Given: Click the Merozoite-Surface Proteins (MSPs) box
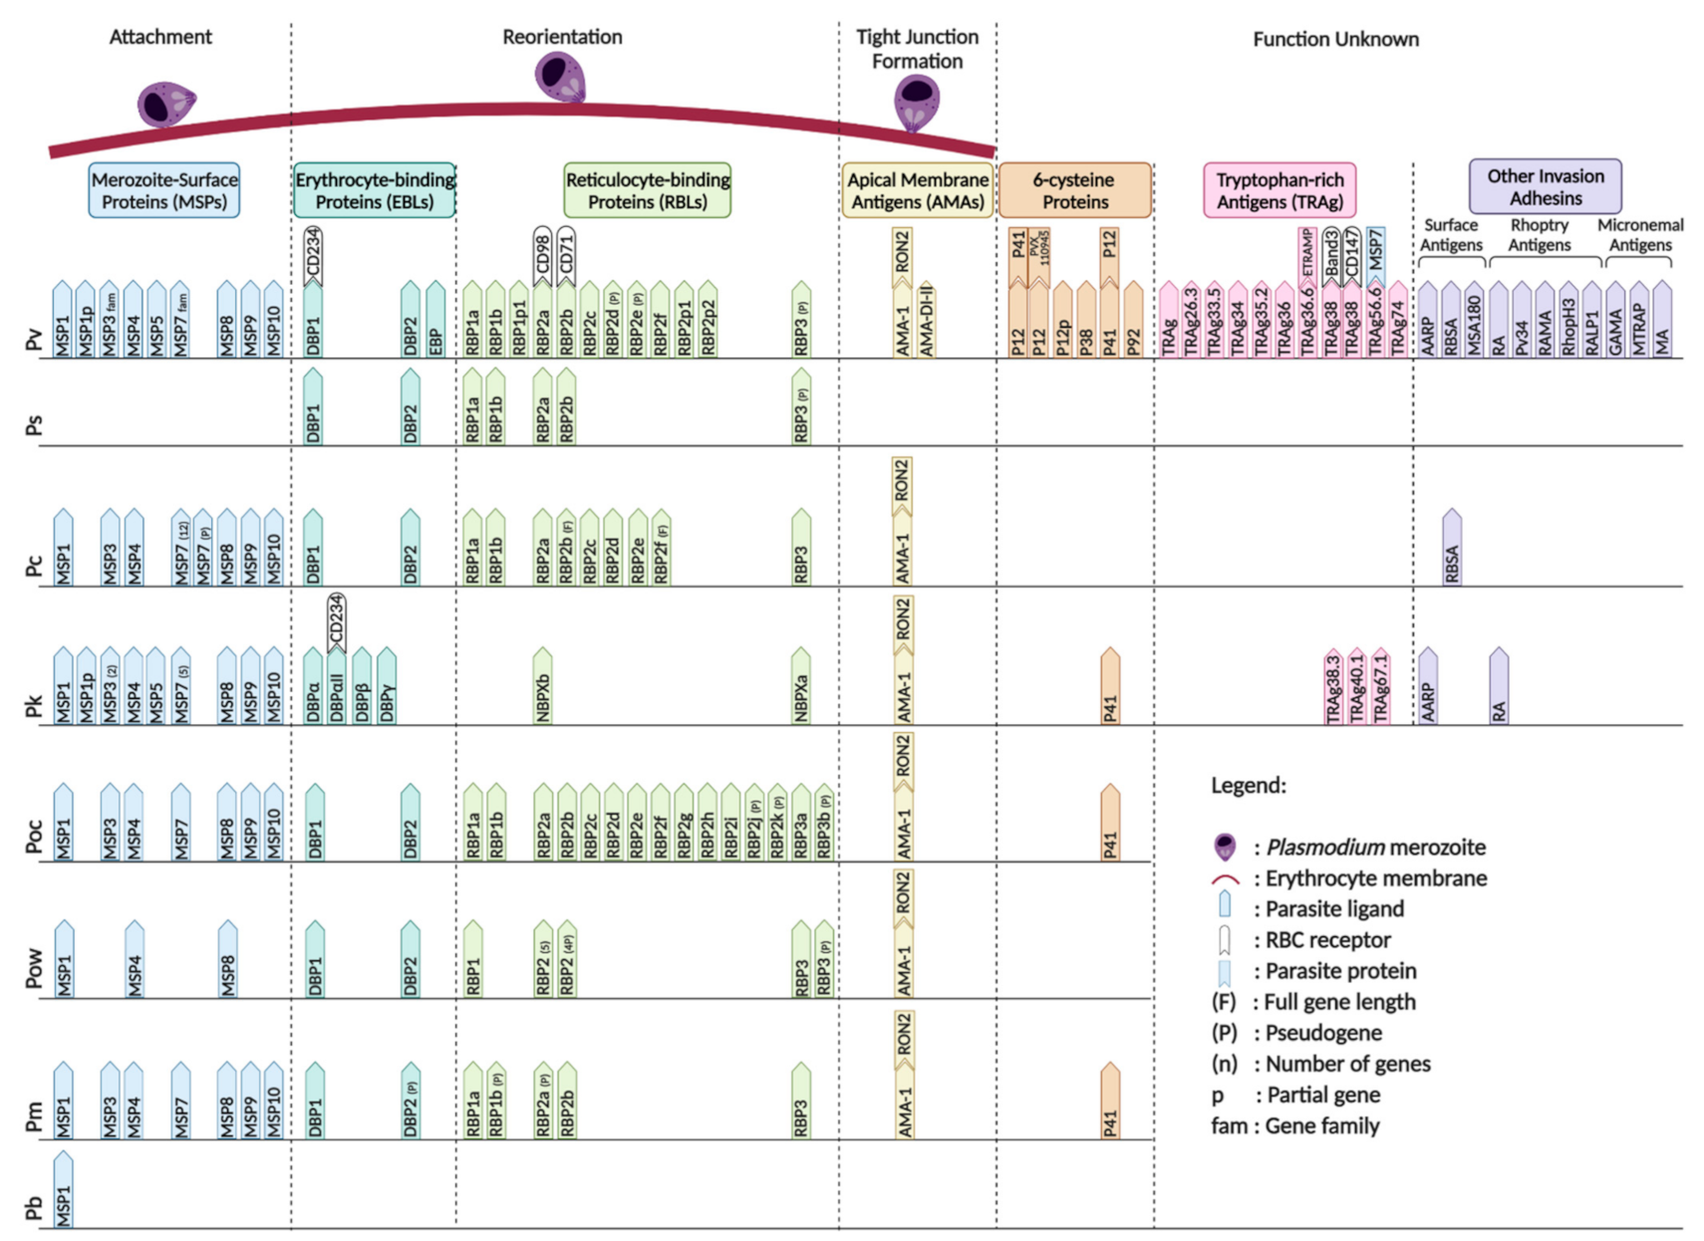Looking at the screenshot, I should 164,190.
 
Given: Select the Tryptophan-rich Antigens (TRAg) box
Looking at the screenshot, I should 1279,190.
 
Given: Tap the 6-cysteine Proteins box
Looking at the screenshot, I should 1074,190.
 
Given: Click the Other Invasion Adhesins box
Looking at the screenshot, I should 1545,186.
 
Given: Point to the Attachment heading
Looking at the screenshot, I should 160,37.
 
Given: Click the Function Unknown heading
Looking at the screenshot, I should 1335,39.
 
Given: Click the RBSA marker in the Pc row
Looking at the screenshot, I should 1452,549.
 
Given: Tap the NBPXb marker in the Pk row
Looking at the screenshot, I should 543,686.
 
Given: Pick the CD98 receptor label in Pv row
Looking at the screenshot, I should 542,254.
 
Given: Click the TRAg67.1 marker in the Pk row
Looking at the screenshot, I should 1380,686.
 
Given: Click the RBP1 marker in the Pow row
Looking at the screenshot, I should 473,960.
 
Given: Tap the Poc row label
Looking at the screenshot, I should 34,837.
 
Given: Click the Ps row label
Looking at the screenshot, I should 34,425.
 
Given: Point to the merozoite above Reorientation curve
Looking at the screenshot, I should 560,76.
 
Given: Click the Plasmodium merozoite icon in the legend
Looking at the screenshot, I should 1225,848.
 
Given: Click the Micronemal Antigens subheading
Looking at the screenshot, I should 1639,235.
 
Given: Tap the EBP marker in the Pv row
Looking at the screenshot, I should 435,321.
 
